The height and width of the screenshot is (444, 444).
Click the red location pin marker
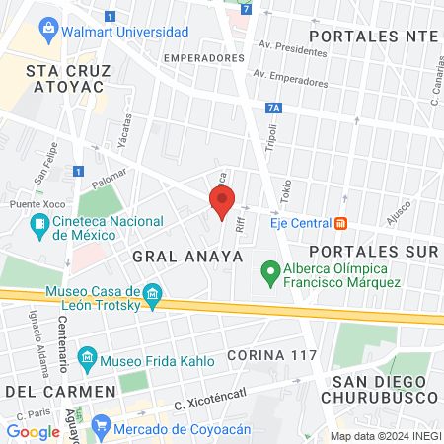pos(221,203)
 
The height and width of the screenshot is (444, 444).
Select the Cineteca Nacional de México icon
pos(39,228)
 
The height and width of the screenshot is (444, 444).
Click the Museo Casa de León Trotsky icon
pos(152,294)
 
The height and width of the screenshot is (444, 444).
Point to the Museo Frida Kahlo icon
pos(88,355)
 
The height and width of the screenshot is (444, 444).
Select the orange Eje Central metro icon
pos(340,223)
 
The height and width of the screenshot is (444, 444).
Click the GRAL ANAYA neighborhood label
pos(187,256)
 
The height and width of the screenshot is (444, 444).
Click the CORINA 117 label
pos(271,354)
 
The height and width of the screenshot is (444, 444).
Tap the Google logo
pos(33,431)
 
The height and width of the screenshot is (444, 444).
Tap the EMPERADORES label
pos(203,58)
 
